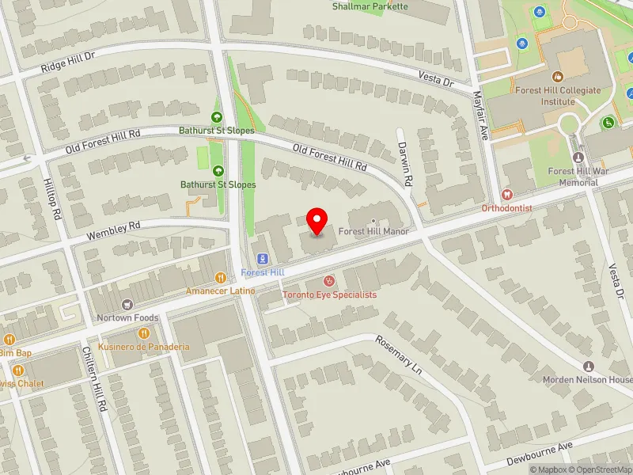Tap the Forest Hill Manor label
(x=373, y=232)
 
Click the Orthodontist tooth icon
(x=507, y=194)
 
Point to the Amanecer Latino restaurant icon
(x=220, y=277)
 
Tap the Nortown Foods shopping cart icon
(x=127, y=304)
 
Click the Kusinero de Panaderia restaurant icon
(x=144, y=333)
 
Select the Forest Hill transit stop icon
(x=262, y=259)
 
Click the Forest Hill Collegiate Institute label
(x=557, y=96)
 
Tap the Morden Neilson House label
(x=587, y=380)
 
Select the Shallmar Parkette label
(x=370, y=6)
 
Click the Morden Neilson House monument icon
(x=588, y=367)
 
